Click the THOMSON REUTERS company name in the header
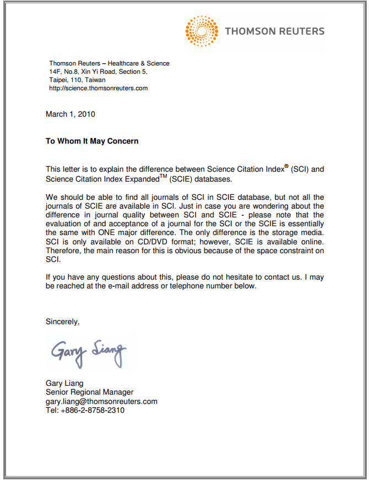click(x=274, y=31)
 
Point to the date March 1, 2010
click(x=70, y=114)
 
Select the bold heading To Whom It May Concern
click(x=92, y=141)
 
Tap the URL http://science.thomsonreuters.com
click(x=99, y=88)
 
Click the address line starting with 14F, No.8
click(x=99, y=72)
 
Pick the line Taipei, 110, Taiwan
click(x=77, y=80)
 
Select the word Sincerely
click(x=62, y=322)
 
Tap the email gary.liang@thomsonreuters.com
click(x=101, y=401)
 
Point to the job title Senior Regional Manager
click(x=89, y=392)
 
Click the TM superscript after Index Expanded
click(x=163, y=176)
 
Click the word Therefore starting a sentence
click(x=64, y=251)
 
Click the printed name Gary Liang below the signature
click(x=64, y=384)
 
